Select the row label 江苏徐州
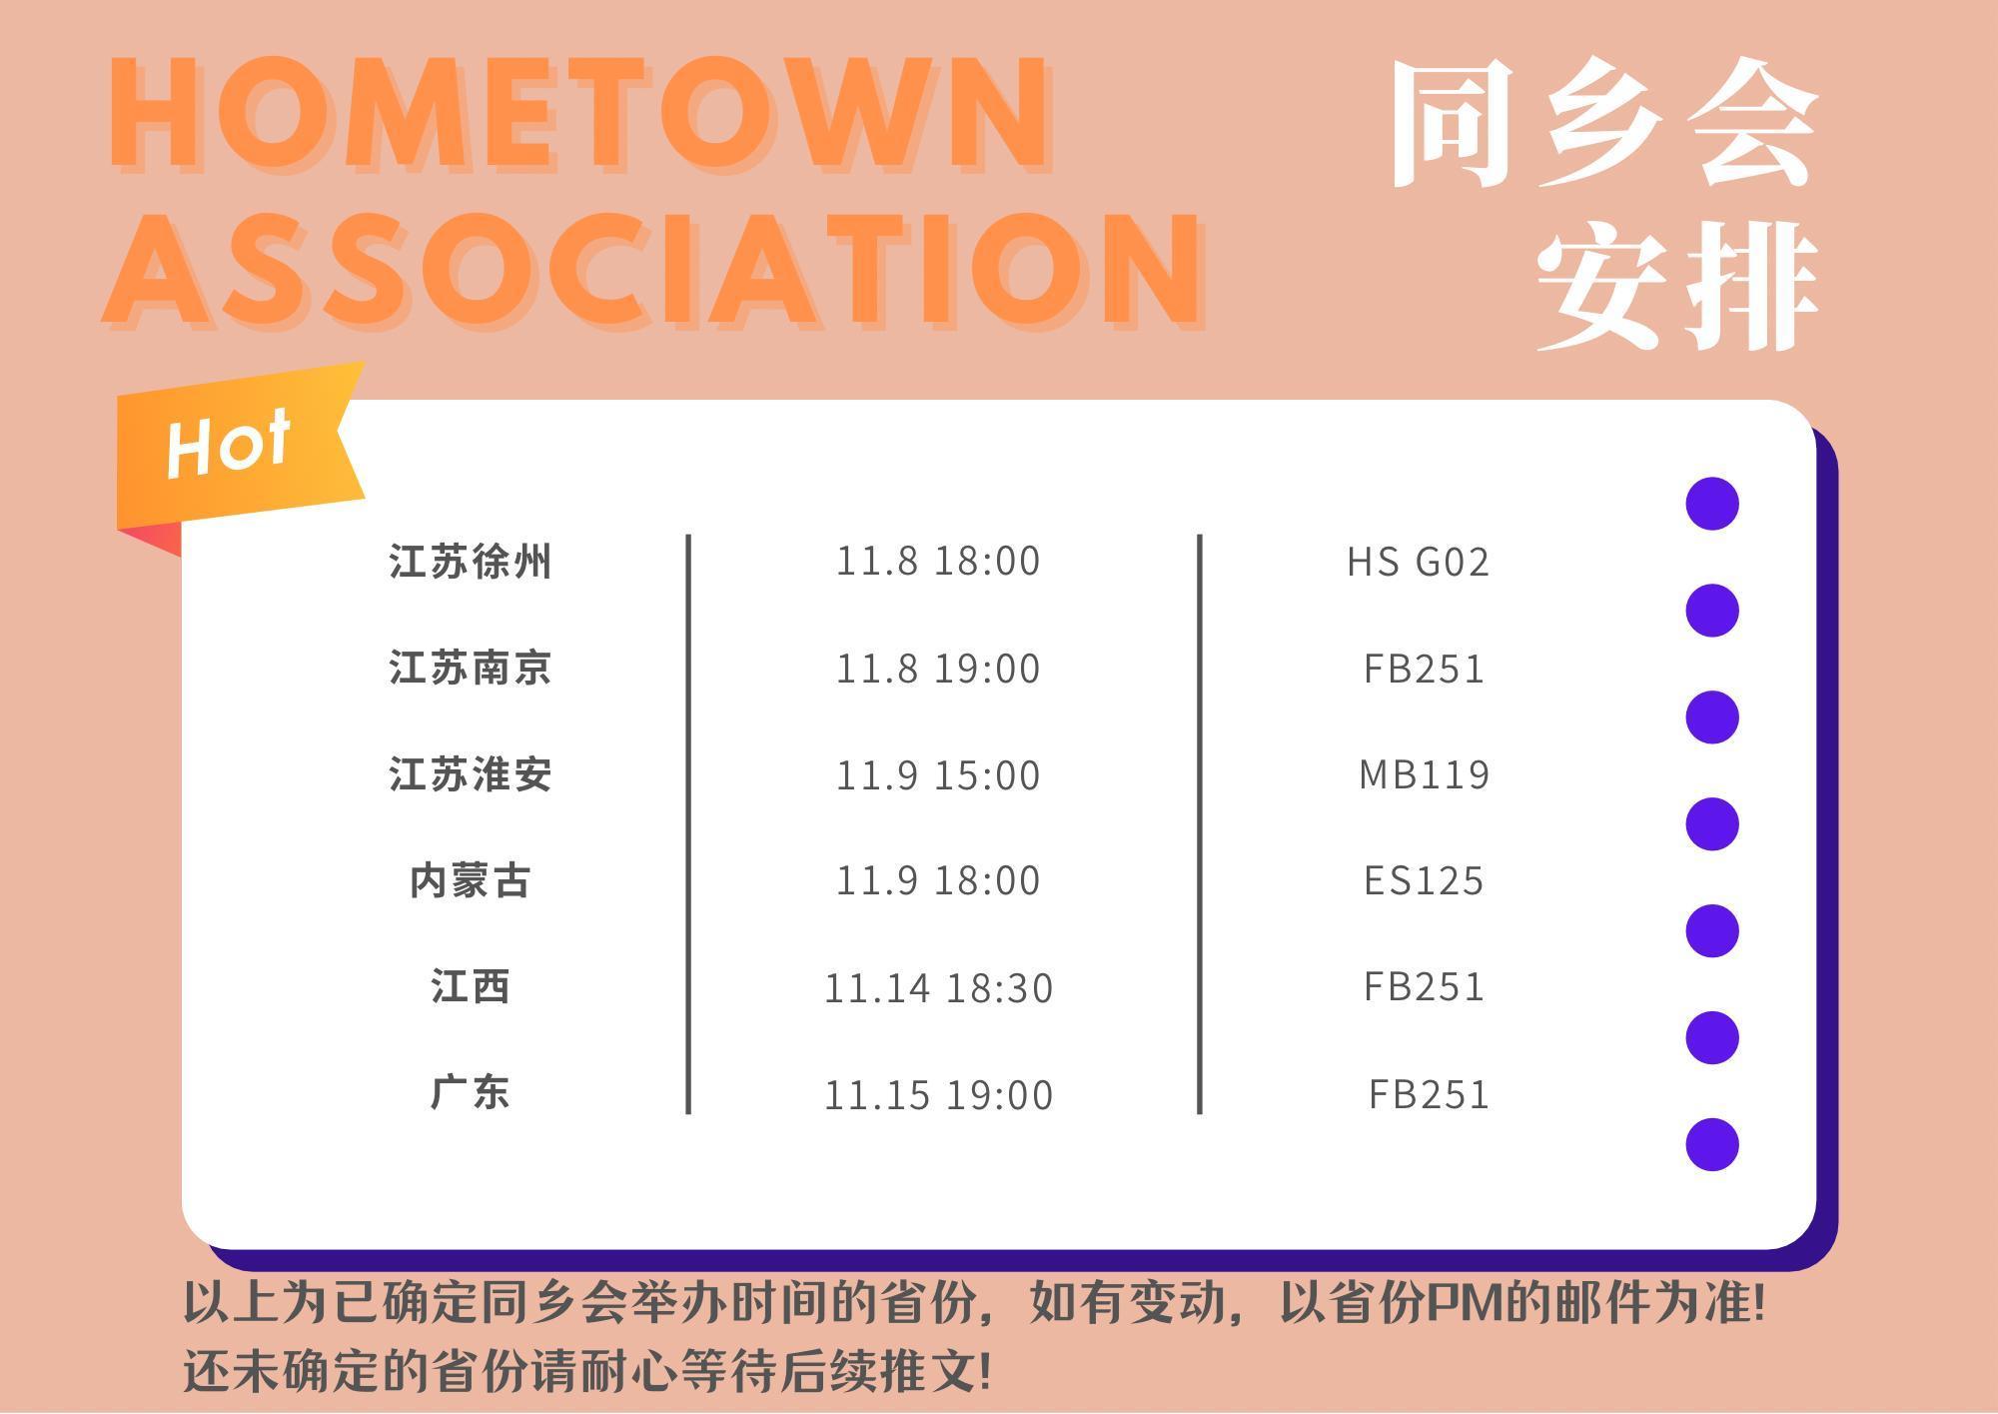[x=470, y=562]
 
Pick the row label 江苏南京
[x=470, y=668]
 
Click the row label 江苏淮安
[x=470, y=774]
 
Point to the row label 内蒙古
[x=470, y=880]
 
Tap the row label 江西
[x=471, y=987]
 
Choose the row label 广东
[x=470, y=1093]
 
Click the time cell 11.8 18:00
[x=938, y=562]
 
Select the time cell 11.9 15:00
[x=938, y=775]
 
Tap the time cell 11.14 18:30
[x=938, y=988]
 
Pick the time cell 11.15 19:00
[x=938, y=1095]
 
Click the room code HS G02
[x=1419, y=562]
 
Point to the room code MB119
[x=1425, y=774]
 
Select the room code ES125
[x=1425, y=880]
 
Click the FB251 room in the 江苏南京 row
[x=1425, y=669]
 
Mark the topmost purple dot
[x=1712, y=503]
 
